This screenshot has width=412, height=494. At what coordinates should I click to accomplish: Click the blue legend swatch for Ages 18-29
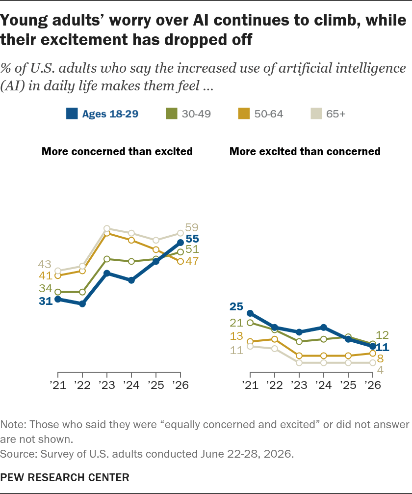coord(72,114)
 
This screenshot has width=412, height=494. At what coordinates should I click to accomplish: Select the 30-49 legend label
coord(196,114)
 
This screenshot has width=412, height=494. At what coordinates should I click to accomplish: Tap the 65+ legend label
coord(335,114)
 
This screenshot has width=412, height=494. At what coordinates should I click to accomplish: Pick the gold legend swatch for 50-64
coord(244,114)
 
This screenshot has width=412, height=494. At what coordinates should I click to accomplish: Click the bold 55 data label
coord(192,239)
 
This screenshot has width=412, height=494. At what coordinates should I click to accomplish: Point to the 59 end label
coord(192,227)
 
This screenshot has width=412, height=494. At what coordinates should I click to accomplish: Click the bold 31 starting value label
coord(46,301)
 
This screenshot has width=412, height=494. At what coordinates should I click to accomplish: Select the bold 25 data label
coord(236,306)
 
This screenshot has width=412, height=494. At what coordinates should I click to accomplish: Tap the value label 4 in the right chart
coord(380,370)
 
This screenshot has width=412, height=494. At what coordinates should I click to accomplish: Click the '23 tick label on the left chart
coord(107,385)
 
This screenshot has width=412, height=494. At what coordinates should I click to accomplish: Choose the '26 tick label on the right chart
coord(372,385)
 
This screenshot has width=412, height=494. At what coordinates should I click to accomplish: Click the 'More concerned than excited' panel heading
coord(117,152)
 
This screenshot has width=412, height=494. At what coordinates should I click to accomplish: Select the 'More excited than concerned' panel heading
coord(305,152)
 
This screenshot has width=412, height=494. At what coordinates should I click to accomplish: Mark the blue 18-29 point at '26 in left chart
coord(180,243)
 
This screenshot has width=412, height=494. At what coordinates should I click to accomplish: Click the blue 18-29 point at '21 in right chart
coord(250,313)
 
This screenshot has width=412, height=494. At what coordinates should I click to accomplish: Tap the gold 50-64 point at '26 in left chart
coord(180,262)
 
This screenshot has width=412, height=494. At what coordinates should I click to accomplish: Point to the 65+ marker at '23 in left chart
coord(107,228)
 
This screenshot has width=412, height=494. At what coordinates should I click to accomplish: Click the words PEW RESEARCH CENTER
coord(65,477)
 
